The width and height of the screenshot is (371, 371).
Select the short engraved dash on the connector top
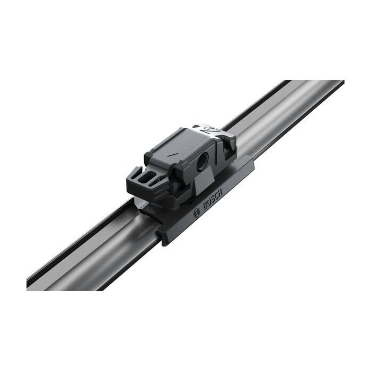click(171, 155)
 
